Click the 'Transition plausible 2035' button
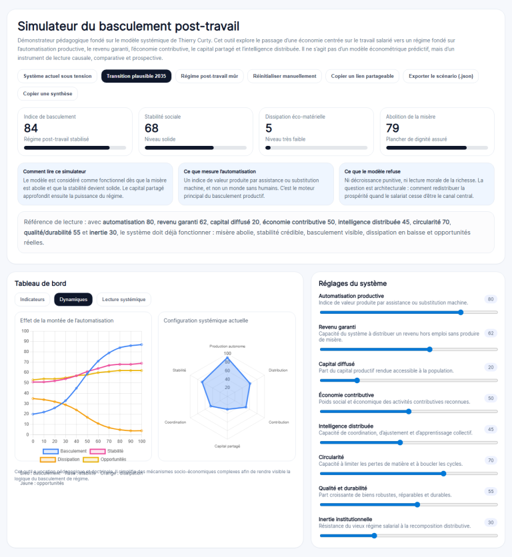136,76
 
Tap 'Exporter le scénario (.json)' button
441,76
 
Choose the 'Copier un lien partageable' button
363,76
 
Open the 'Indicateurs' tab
33,299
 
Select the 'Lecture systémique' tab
124,299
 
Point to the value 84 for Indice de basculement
31,128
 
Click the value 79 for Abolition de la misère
393,128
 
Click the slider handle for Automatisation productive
461,312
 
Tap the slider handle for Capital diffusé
357,380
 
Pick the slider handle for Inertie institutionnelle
374,535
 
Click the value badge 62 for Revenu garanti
491,333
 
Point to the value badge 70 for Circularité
491,460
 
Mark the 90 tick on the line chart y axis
25,341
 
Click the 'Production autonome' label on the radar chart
227,346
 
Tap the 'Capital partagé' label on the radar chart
227,446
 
